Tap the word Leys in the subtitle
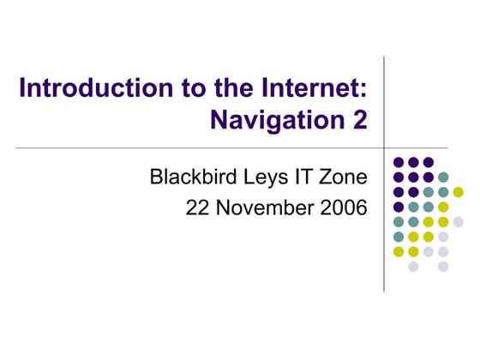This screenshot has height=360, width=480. pyautogui.click(x=259, y=178)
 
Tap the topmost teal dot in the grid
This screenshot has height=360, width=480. pyautogui.click(x=443, y=177)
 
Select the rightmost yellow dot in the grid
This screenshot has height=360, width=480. pyautogui.click(x=459, y=192)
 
